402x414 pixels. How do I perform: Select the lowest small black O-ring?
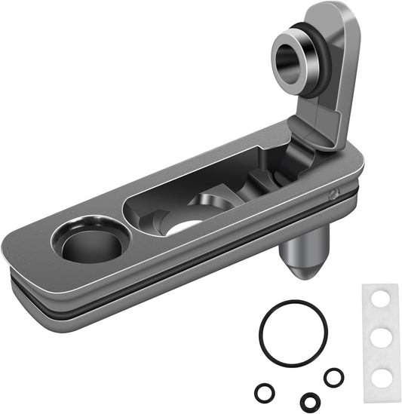[x=308, y=400]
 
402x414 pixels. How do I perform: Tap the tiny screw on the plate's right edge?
[x=332, y=193]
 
